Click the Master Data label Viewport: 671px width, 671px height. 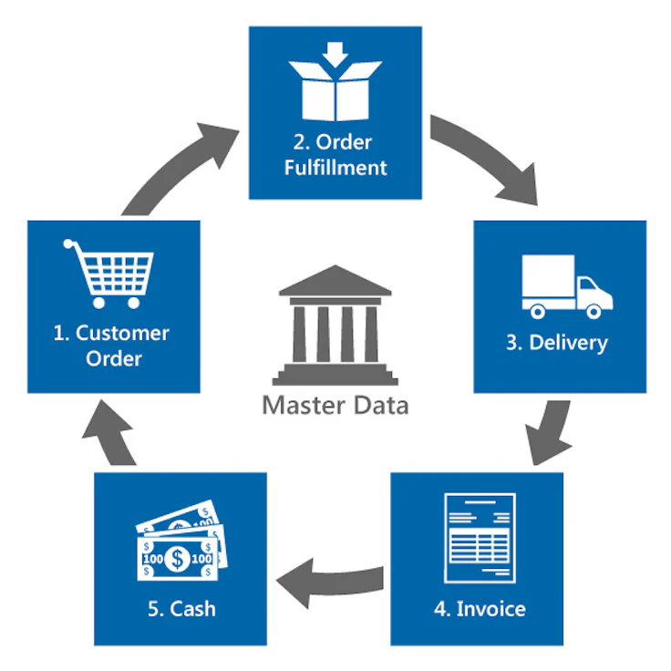click(335, 405)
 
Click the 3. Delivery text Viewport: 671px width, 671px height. click(558, 343)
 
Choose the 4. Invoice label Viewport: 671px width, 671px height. click(477, 608)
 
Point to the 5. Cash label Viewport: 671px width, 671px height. click(180, 608)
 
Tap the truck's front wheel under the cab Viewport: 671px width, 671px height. click(594, 312)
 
